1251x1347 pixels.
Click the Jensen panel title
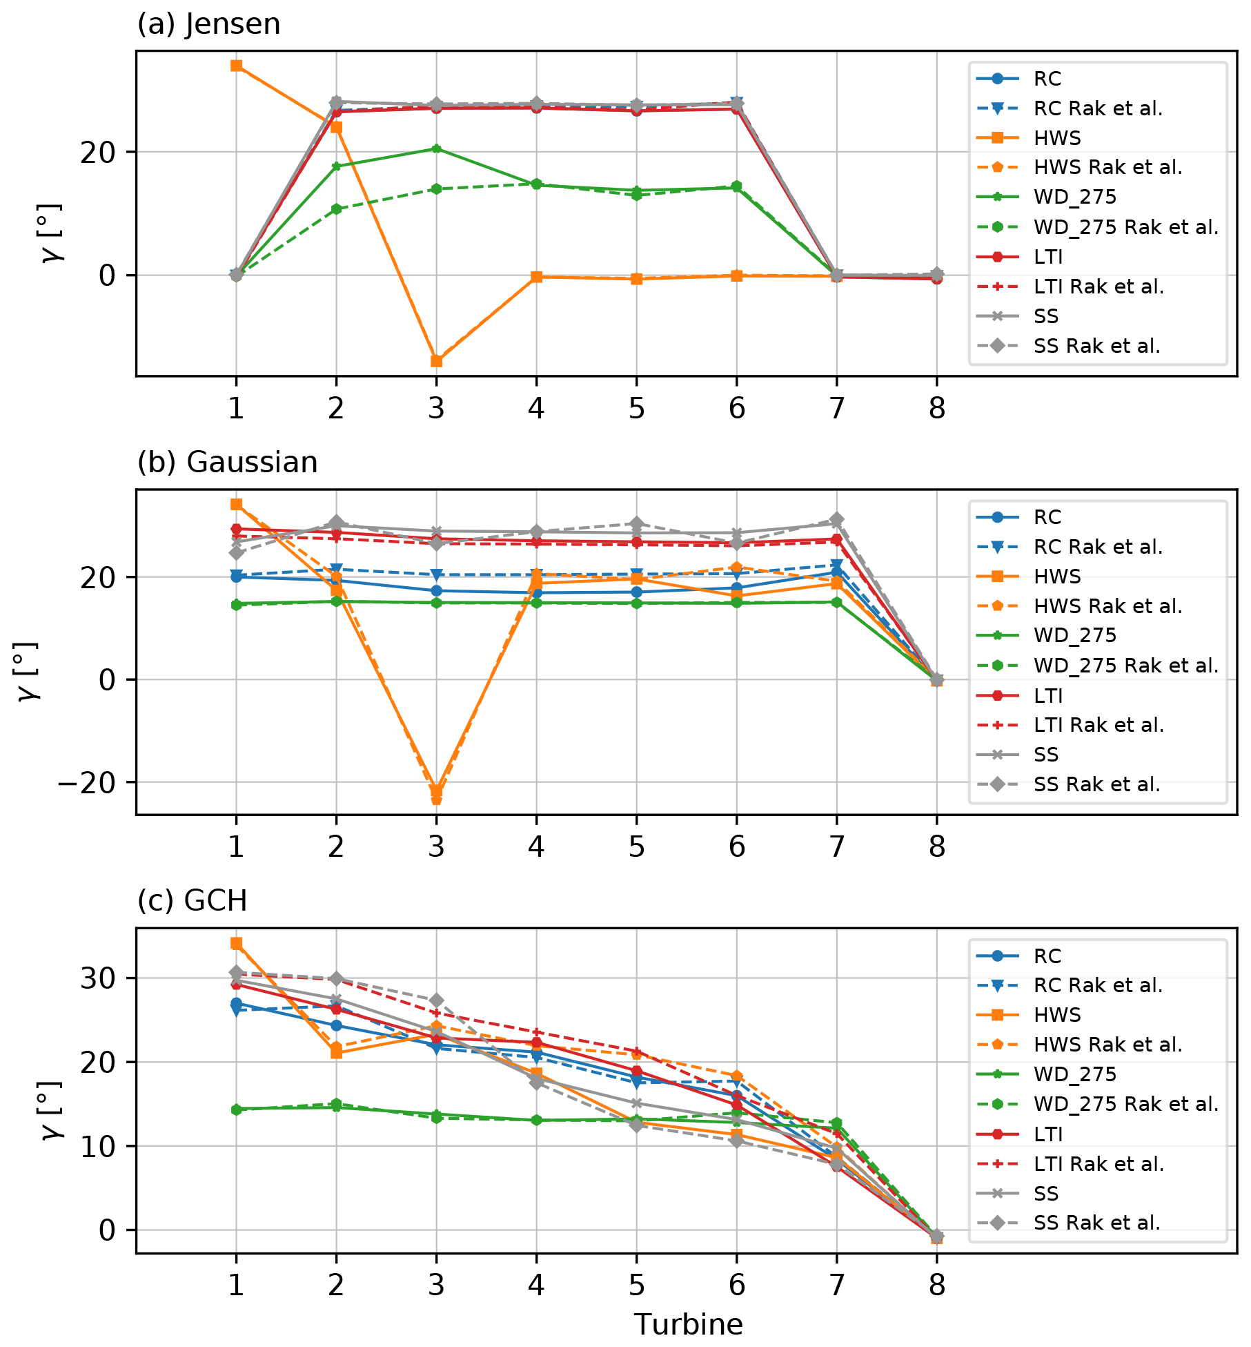[x=208, y=25]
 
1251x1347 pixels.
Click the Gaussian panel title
[x=227, y=463]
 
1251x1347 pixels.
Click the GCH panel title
[x=192, y=901]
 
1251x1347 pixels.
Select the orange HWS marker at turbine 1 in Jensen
[x=236, y=66]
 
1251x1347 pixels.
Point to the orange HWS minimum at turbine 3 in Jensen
[x=436, y=361]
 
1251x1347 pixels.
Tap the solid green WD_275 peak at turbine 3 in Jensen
[x=436, y=148]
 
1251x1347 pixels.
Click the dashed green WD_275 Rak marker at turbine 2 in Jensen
[x=336, y=209]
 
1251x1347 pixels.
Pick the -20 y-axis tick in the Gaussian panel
[x=87, y=783]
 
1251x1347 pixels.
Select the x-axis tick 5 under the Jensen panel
[x=636, y=409]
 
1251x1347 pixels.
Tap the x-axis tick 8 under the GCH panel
[x=936, y=1285]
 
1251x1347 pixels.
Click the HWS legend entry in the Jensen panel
[x=1057, y=138]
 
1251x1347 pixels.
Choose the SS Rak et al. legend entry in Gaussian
[x=1096, y=784]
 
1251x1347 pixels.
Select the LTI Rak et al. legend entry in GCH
[x=1099, y=1164]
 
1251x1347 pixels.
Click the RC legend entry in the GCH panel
[x=1047, y=956]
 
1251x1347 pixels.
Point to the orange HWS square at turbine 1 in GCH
[x=236, y=943]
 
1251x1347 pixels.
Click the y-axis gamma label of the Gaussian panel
[x=28, y=671]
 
